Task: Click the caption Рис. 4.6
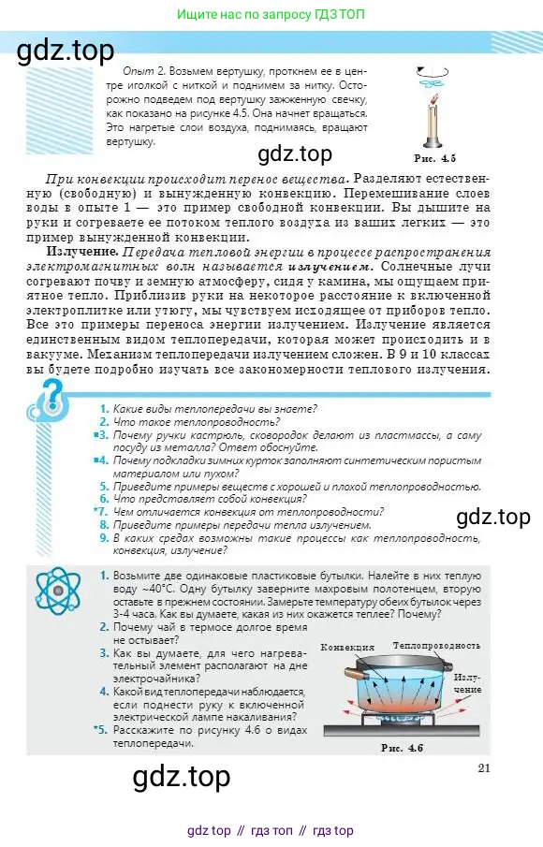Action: [x=403, y=748]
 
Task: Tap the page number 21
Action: [x=484, y=768]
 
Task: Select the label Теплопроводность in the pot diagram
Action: [x=436, y=646]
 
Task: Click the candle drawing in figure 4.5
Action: [x=433, y=121]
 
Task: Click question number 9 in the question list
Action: [x=104, y=538]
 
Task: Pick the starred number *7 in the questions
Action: [x=101, y=512]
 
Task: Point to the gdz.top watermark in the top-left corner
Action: [x=66, y=50]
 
